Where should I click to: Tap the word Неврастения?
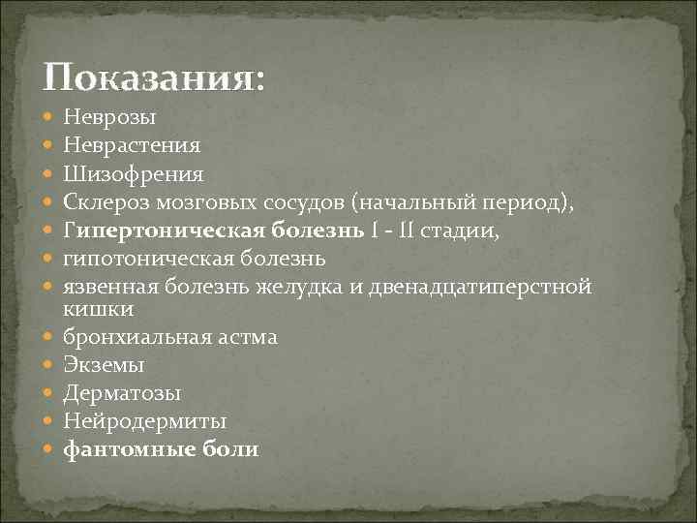pyautogui.click(x=132, y=146)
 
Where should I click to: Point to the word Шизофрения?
pyautogui.click(x=133, y=175)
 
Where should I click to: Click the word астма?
pyautogui.click(x=247, y=337)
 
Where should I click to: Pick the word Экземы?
pyautogui.click(x=105, y=365)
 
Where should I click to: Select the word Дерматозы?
pyautogui.click(x=122, y=393)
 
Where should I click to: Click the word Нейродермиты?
pyautogui.click(x=145, y=421)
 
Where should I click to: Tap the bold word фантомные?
pyautogui.click(x=131, y=449)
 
